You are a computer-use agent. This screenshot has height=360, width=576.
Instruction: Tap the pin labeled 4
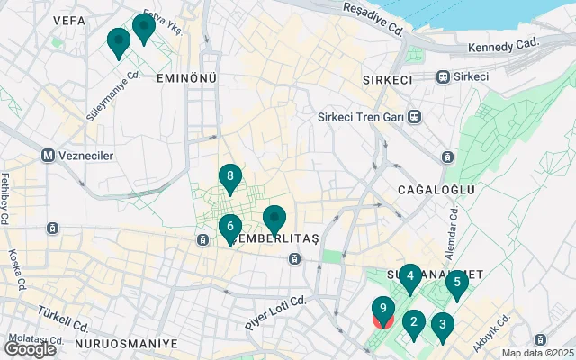tap(409, 277)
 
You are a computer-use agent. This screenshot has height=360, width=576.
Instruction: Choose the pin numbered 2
tap(414, 322)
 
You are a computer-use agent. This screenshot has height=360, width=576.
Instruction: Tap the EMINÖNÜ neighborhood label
tap(187, 78)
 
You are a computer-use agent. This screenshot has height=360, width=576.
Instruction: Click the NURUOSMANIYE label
tap(126, 344)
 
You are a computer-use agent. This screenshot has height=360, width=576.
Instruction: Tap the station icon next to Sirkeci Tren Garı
tap(414, 116)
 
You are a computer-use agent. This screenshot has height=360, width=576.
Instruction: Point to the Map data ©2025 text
tap(536, 353)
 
